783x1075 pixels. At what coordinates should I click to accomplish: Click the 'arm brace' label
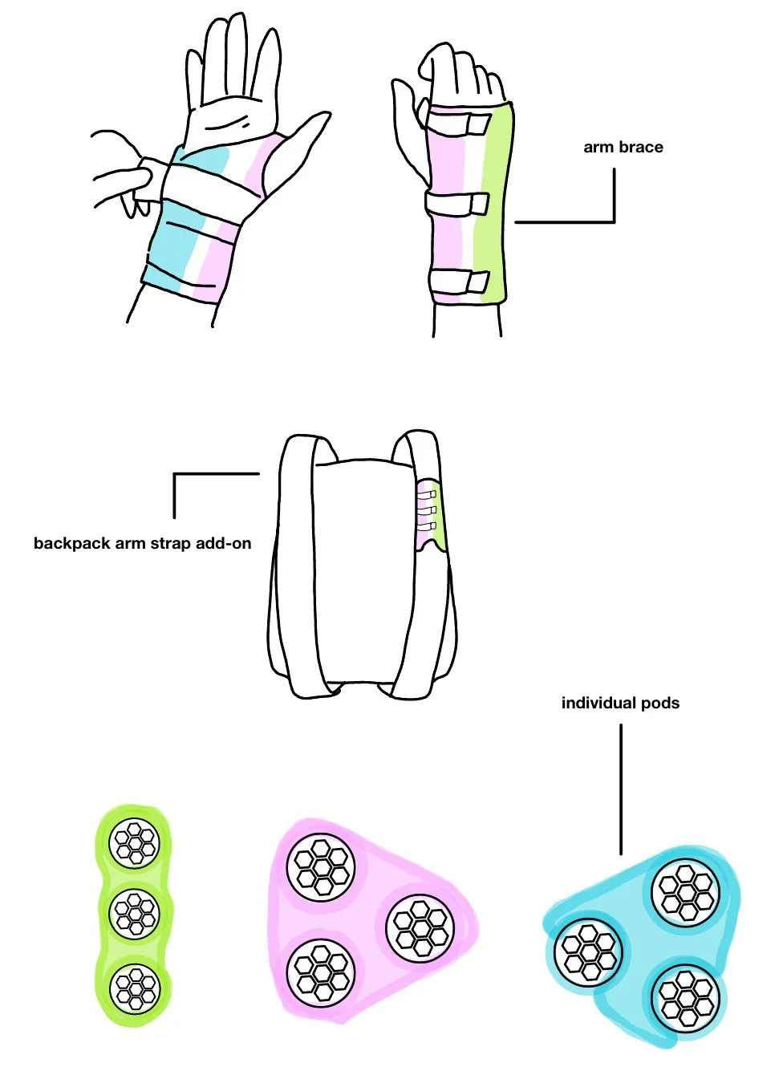623,147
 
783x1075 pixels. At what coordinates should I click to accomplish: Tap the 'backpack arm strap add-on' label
142,543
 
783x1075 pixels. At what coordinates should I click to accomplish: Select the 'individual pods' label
620,703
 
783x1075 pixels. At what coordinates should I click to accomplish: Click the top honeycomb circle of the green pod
135,842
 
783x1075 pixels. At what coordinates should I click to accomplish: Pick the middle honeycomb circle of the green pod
135,912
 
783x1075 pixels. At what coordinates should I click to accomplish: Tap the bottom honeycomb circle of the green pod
136,988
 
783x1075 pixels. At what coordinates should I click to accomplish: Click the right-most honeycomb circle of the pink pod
420,929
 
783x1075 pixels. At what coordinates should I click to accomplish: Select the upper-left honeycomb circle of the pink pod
322,867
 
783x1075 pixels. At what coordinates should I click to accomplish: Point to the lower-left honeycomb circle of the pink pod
321,972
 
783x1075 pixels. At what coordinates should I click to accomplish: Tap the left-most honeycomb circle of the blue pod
589,952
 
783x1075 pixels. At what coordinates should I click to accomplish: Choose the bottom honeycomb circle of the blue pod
685,998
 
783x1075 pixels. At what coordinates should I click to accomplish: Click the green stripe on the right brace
491,209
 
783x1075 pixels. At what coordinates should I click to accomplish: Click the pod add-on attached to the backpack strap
429,513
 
